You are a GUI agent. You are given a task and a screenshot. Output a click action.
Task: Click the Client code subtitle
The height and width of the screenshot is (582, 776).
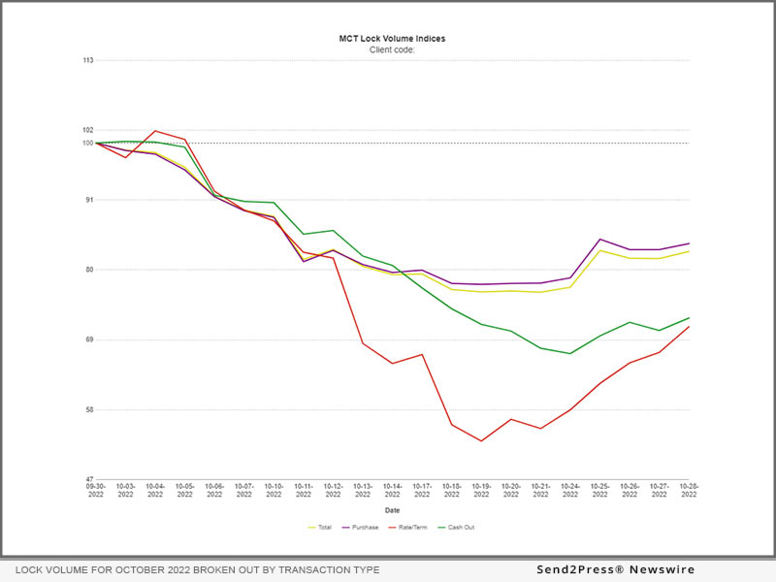tap(392, 49)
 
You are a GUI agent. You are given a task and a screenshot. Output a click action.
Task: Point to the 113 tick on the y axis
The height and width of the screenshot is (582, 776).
tap(88, 60)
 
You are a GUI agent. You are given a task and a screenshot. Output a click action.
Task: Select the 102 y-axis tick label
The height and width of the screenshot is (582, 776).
tap(88, 130)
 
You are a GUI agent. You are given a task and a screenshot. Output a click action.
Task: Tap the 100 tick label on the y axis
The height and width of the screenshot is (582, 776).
tap(88, 144)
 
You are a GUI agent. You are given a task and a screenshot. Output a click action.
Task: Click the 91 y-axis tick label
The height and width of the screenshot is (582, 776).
tap(89, 200)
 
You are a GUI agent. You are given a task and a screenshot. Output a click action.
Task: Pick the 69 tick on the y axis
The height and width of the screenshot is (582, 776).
tap(89, 339)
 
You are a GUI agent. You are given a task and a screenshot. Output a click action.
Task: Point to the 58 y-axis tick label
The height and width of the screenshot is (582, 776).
tap(89, 409)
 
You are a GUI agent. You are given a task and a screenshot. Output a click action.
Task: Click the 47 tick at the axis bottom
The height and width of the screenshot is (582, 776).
tap(89, 479)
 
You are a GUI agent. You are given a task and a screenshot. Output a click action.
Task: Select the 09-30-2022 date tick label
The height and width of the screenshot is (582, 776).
tap(96, 490)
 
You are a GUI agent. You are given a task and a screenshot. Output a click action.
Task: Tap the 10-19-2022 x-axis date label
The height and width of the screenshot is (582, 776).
tap(481, 490)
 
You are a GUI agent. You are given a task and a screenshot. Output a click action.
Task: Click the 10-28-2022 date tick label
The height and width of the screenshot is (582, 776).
tap(689, 490)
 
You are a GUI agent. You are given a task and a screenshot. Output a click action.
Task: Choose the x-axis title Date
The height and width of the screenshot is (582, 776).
tap(392, 510)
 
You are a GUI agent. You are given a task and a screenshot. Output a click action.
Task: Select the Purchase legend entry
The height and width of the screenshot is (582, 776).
tap(363, 528)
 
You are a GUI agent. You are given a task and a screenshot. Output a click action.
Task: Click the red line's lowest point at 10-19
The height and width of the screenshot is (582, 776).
tap(481, 441)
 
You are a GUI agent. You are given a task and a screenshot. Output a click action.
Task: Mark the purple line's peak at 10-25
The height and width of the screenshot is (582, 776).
tap(600, 240)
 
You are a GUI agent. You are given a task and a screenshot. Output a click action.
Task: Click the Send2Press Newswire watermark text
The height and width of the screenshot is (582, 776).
tap(615, 569)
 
